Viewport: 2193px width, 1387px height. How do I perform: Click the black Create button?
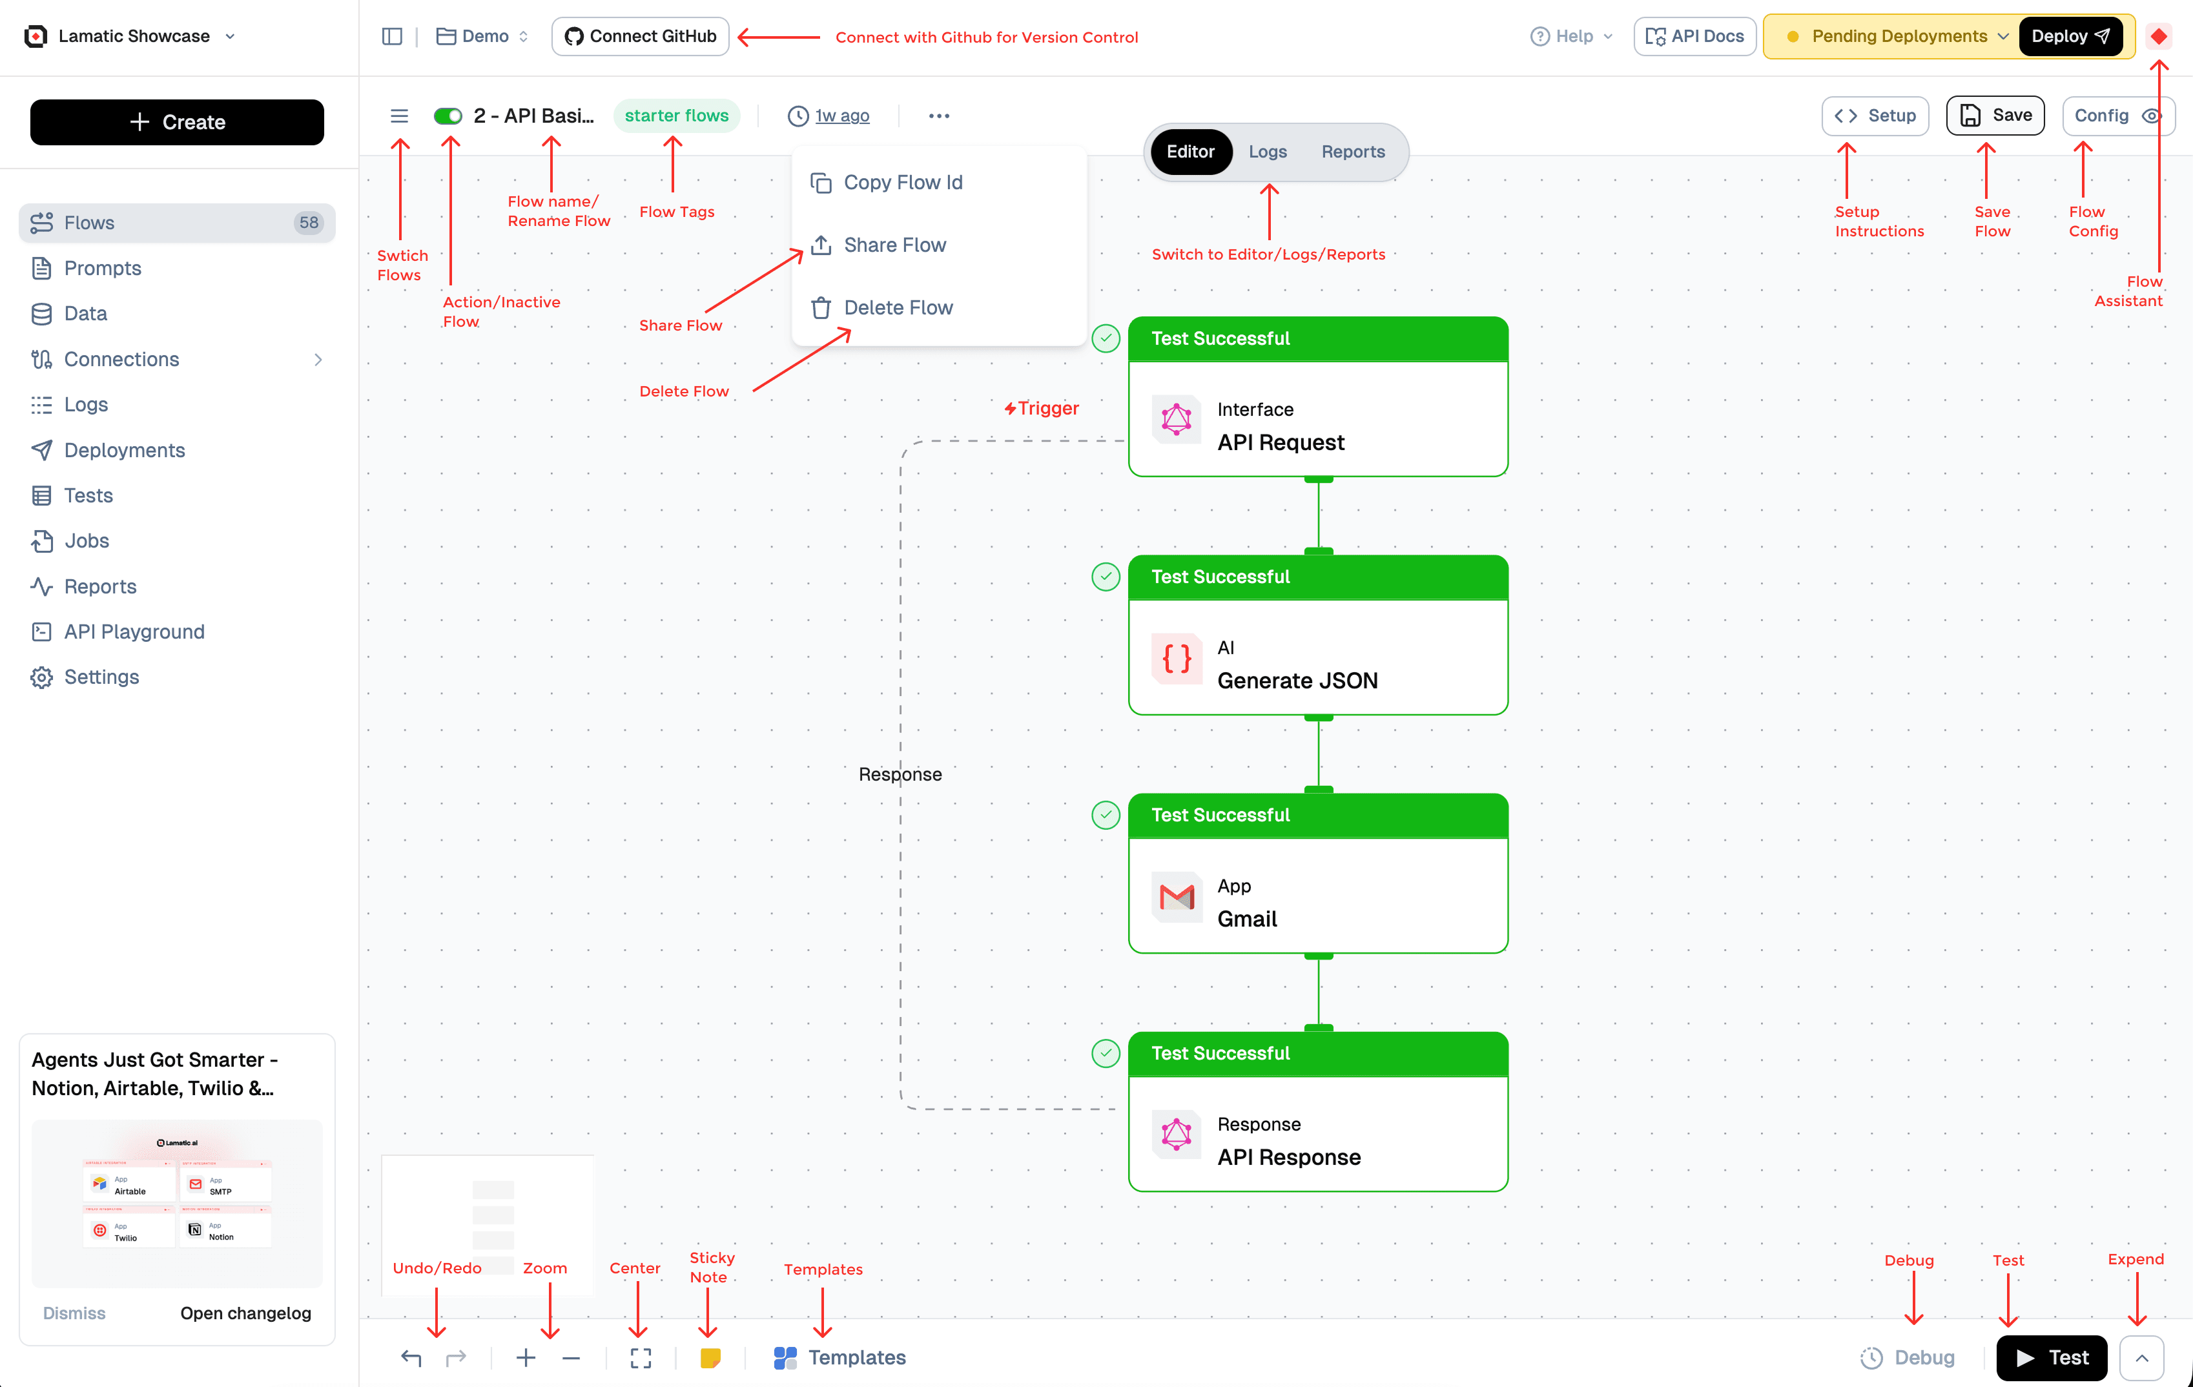(x=177, y=122)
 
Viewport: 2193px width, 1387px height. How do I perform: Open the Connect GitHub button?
(x=640, y=36)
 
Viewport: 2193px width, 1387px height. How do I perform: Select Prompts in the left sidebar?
(x=102, y=268)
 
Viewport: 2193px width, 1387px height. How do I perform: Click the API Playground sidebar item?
(x=134, y=631)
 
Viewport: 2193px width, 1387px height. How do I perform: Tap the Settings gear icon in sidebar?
(x=41, y=677)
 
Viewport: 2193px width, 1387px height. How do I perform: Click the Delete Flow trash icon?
(x=821, y=308)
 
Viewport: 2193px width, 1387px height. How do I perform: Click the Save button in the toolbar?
(x=1995, y=116)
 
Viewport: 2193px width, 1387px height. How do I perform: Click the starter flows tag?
(x=675, y=116)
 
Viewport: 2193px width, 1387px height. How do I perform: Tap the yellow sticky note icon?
(x=710, y=1358)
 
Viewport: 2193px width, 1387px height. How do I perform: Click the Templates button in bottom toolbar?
(x=839, y=1358)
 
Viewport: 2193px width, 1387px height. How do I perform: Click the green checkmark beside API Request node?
(x=1106, y=339)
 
